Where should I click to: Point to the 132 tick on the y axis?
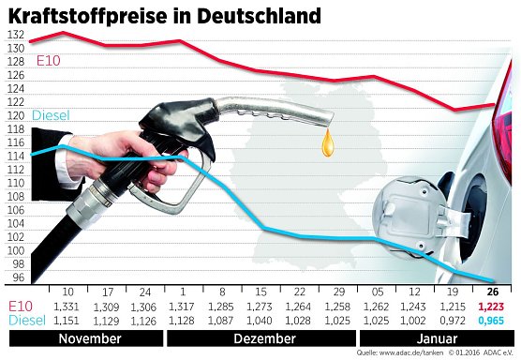tap(15, 34)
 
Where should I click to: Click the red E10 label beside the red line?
tap(50, 62)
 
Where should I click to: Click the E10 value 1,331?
tap(68, 307)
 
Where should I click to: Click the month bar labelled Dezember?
tap(260, 337)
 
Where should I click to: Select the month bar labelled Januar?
tap(437, 337)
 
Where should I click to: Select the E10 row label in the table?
tap(21, 307)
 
